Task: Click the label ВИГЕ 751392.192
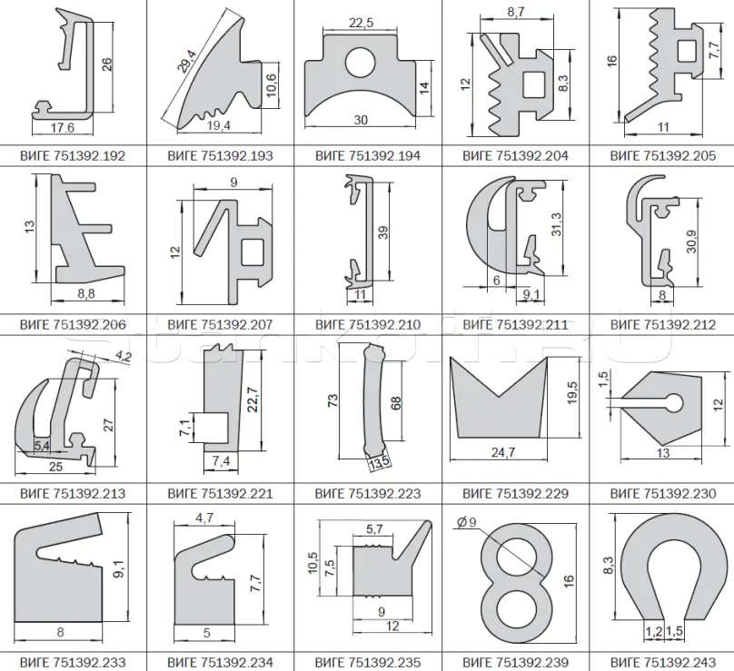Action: pyautogui.click(x=73, y=156)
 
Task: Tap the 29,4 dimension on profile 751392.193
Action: pyautogui.click(x=187, y=62)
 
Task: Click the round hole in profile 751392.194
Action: pyautogui.click(x=361, y=63)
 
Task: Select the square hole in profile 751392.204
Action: pyautogui.click(x=533, y=84)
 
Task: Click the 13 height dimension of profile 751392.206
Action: pyautogui.click(x=30, y=227)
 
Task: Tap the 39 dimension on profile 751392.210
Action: pyautogui.click(x=383, y=232)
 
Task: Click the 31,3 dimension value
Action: pyautogui.click(x=556, y=224)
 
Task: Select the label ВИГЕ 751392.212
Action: pyautogui.click(x=663, y=325)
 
